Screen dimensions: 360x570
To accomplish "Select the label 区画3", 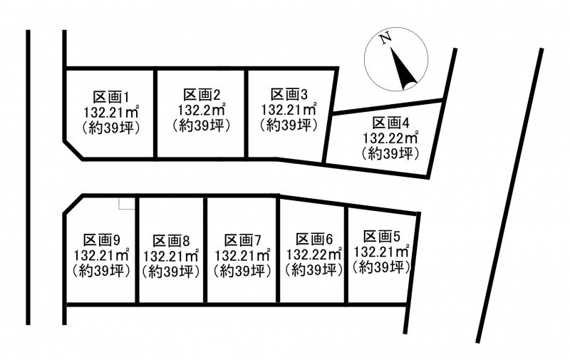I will coord(289,94).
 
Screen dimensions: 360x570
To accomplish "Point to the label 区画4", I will coord(391,122).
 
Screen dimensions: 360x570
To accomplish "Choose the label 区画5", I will coord(380,237).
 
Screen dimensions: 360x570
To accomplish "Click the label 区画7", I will coord(242,239).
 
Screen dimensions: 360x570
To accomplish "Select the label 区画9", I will coord(101,239).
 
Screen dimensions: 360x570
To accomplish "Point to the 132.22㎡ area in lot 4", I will coord(391,138).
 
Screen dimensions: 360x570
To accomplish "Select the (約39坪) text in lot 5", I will coord(380,268).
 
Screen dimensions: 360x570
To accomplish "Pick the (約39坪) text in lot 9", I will coord(101,271).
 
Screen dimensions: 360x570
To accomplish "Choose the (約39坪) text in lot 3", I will coord(289,125).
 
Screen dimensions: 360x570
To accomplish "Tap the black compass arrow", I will coord(403,68).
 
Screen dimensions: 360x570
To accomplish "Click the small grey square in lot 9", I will coord(126,204).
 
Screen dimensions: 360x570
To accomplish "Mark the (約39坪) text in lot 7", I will coord(242,271).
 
